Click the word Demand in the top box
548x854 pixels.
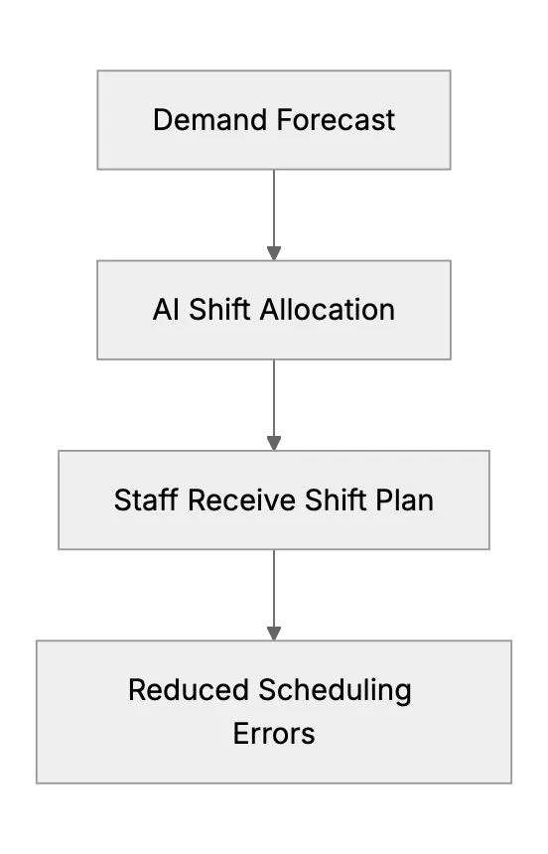[211, 120]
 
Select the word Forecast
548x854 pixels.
[337, 120]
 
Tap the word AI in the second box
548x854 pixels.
[166, 310]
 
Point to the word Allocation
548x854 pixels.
[328, 310]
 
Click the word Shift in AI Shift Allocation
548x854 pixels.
[219, 310]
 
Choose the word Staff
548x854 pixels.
[146, 499]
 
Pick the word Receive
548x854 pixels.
[242, 499]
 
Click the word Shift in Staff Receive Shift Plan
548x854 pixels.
[336, 499]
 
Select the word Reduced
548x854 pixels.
[189, 690]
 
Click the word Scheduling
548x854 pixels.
[335, 691]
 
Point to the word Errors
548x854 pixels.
[274, 734]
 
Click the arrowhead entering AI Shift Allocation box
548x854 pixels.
[274, 253]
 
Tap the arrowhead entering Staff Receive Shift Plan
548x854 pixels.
[274, 443]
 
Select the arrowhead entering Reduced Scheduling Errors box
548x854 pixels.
[274, 634]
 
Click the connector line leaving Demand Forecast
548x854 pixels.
[274, 209]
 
